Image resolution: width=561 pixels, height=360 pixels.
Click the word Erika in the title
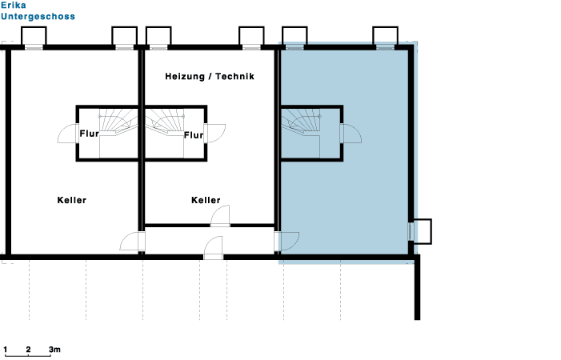[14, 6]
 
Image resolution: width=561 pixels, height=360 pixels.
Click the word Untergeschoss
[38, 17]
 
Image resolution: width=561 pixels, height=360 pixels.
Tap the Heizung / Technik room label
[210, 77]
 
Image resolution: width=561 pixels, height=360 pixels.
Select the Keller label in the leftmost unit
[72, 200]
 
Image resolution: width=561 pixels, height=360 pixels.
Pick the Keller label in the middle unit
[206, 200]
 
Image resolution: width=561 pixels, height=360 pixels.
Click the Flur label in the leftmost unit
[89, 134]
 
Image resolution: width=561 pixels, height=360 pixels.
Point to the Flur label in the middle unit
[194, 135]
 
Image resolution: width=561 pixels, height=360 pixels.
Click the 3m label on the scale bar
[54, 350]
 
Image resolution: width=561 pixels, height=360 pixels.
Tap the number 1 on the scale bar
[6, 350]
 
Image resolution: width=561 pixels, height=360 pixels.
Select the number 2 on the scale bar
[28, 350]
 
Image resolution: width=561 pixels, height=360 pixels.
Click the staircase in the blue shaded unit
[301, 122]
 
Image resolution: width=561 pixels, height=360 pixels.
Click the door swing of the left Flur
[66, 134]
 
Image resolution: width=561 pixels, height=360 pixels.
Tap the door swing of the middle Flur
[216, 134]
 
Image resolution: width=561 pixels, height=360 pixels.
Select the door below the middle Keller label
[220, 216]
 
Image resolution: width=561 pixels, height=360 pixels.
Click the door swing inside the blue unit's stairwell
[352, 134]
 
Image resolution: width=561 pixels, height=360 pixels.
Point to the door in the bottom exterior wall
[213, 247]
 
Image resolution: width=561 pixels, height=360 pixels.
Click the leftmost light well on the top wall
[34, 37]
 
